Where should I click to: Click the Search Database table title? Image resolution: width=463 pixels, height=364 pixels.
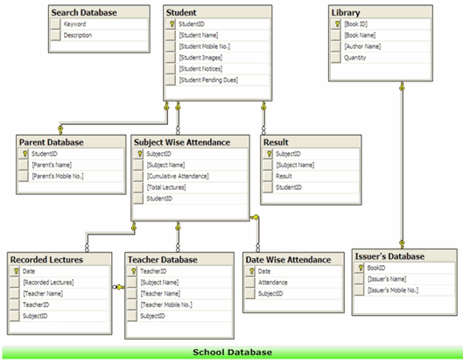click(x=84, y=13)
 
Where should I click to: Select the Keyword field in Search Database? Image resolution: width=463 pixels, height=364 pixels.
click(x=74, y=24)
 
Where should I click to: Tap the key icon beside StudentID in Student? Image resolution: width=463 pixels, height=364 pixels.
click(x=172, y=24)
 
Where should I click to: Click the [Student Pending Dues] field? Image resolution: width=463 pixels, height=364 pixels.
click(x=208, y=80)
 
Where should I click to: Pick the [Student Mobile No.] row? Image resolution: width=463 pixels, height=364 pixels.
click(x=204, y=46)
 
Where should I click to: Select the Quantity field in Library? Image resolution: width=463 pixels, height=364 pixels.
click(x=355, y=58)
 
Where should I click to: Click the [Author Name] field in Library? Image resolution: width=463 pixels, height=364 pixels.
click(x=362, y=46)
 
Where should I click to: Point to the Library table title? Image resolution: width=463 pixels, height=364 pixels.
click(x=346, y=13)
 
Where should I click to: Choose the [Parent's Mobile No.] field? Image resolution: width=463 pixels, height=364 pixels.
click(x=58, y=176)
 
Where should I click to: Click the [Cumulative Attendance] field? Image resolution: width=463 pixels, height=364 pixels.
click(x=178, y=176)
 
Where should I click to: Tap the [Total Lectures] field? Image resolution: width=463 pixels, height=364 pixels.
click(x=166, y=187)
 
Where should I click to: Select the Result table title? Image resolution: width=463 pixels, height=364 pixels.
click(x=276, y=143)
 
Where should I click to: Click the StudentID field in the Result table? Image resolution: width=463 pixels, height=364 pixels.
click(x=289, y=187)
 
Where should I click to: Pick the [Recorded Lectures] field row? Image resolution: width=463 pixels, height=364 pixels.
click(x=48, y=283)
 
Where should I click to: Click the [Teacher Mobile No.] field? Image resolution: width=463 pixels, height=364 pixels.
click(x=166, y=304)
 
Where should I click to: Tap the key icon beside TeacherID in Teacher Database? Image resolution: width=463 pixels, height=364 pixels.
click(x=133, y=271)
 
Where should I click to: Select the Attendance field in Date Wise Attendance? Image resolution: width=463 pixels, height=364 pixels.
click(x=272, y=283)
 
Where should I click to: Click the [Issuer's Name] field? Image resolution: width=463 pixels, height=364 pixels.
click(x=387, y=279)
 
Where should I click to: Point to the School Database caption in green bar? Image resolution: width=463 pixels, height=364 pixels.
click(x=233, y=353)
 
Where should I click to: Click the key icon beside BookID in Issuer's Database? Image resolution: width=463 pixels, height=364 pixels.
click(x=361, y=268)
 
